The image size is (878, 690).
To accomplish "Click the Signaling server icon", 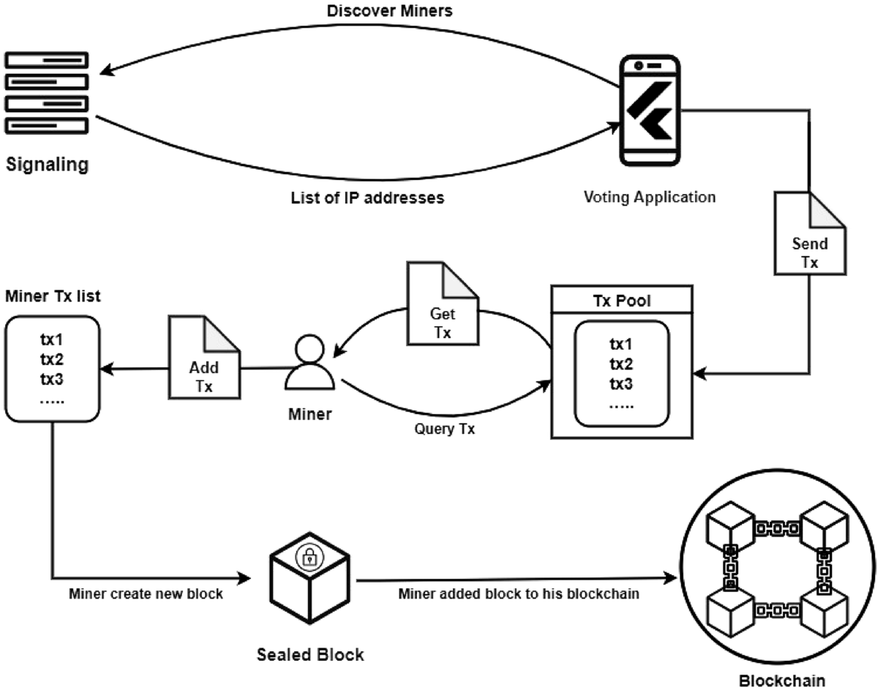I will pos(46,92).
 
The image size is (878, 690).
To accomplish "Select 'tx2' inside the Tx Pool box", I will pos(621,364).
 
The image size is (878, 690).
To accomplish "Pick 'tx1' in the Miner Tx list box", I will pos(51,341).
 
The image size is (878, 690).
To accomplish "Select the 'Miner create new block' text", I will pos(146,593).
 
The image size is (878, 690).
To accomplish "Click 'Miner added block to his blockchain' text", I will pos(519,593).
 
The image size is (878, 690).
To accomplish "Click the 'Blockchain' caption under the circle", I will pos(781,680).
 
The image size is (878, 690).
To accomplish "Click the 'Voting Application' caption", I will pos(649,196).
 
